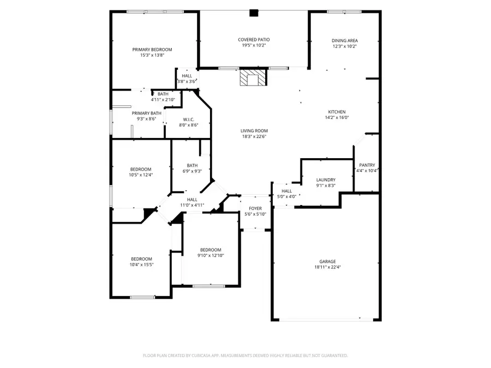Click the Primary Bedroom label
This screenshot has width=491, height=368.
click(152, 50)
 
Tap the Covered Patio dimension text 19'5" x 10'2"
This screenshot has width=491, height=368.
click(254, 46)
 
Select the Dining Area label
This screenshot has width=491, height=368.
click(345, 40)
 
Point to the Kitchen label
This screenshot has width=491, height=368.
click(337, 111)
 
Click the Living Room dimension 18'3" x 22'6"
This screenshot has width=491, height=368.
click(254, 136)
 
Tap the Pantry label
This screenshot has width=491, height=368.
click(367, 165)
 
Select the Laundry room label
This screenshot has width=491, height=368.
click(326, 180)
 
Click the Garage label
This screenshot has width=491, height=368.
click(328, 261)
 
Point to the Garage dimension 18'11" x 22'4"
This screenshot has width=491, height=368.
click(328, 267)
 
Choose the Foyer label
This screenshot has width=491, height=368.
click(255, 208)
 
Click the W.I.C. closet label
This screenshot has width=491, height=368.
click(189, 119)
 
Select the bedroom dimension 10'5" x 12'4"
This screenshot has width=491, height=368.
click(141, 175)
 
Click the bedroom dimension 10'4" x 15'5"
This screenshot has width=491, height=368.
click(141, 265)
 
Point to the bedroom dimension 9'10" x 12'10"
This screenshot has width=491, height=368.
click(211, 255)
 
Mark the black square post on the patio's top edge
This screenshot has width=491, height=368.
click(254, 14)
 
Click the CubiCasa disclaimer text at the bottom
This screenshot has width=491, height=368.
click(245, 355)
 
